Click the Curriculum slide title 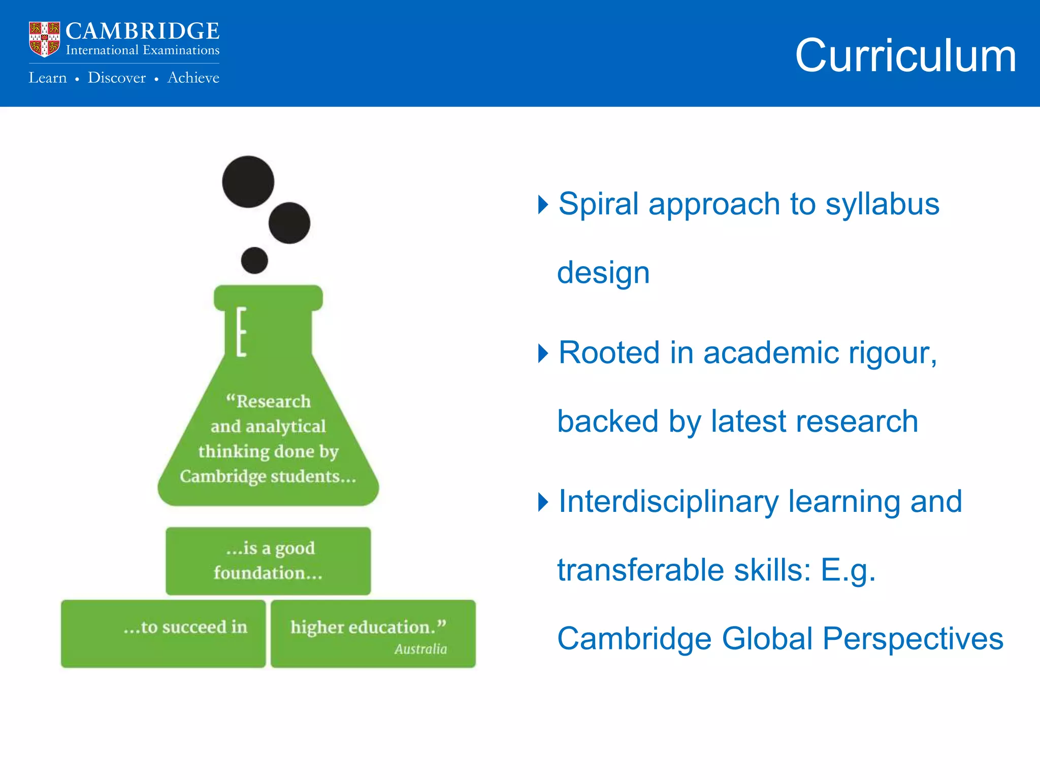(905, 56)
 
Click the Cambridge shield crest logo (44, 39)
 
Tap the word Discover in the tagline (116, 78)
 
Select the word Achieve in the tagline (193, 78)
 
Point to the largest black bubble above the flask (248, 182)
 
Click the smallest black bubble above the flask (254, 261)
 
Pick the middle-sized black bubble (289, 223)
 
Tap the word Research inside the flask (273, 401)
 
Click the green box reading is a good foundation (268, 561)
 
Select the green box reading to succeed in (163, 633)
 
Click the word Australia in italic (420, 649)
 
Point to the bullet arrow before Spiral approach (543, 205)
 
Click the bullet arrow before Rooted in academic (543, 353)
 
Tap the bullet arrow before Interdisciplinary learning (543, 502)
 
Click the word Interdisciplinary (668, 502)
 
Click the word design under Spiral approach (603, 273)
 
